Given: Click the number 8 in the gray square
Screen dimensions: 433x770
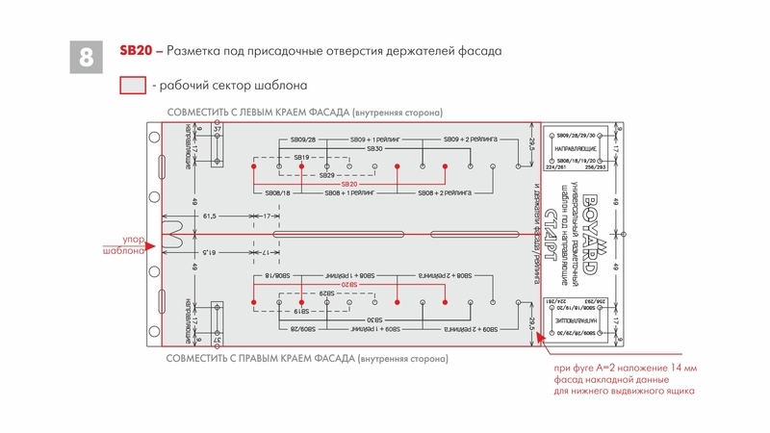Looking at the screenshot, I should pyautogui.click(x=86, y=57).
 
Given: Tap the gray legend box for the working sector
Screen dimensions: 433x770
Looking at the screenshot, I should pyautogui.click(x=132, y=86).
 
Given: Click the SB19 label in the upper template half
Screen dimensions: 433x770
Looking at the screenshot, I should pyautogui.click(x=302, y=158).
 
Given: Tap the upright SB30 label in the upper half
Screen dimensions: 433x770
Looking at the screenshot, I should pyautogui.click(x=374, y=149).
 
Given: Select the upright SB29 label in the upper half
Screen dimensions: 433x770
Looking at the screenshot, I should pyautogui.click(x=326, y=175).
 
